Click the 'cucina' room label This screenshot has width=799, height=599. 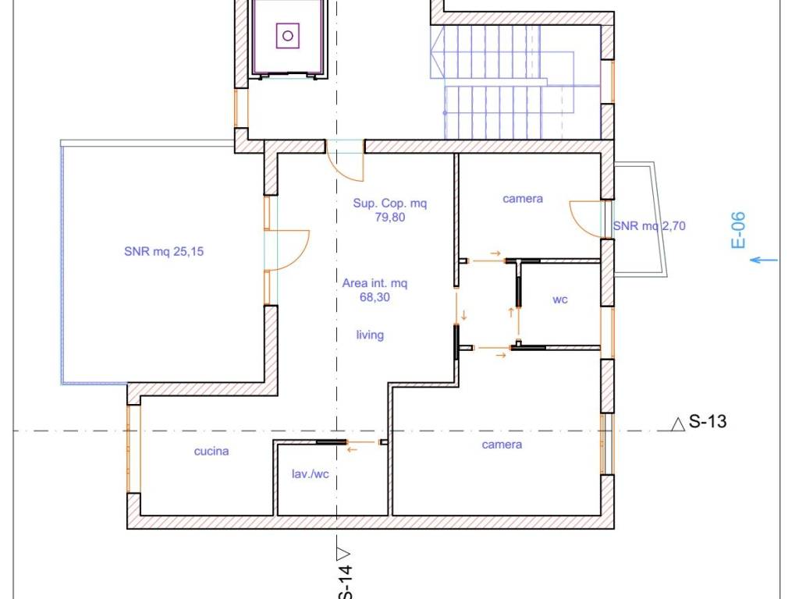coord(211,452)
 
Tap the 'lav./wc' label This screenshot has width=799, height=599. coord(310,474)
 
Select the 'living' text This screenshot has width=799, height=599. coord(370,335)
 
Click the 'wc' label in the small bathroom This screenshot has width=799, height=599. coord(560,299)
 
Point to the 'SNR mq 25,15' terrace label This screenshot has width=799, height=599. coord(164,251)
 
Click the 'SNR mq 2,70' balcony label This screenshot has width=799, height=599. coord(649,225)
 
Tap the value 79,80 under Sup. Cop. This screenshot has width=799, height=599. coord(390,218)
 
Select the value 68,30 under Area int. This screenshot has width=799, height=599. coord(375,297)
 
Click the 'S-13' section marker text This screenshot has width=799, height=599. coord(707,422)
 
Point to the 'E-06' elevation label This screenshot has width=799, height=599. coord(738,230)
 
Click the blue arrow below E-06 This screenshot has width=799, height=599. coord(764,261)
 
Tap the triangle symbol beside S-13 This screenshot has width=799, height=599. coord(678,424)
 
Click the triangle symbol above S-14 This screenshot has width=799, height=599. coord(344,553)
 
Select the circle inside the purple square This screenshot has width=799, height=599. coord(287,36)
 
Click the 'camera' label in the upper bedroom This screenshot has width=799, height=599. coord(522,199)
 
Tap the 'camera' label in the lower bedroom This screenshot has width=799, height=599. coord(502,445)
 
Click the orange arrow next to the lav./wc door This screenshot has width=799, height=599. coord(352,449)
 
